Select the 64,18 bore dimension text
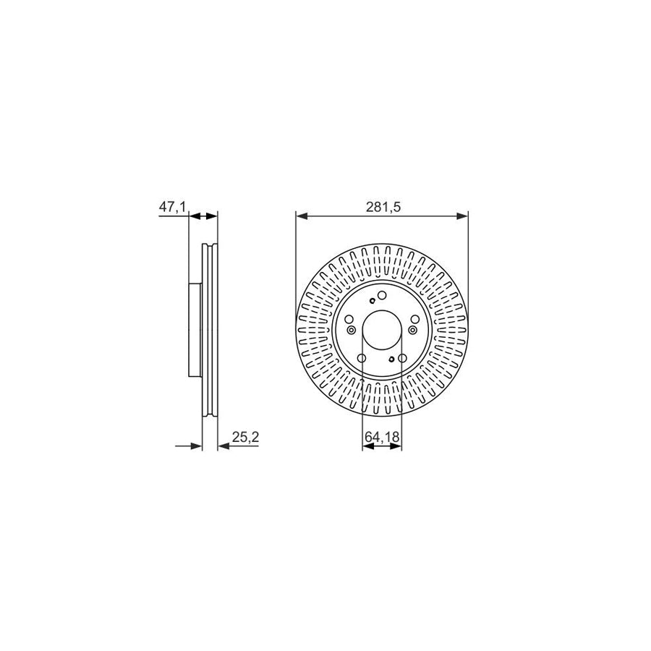[381, 437]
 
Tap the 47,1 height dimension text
[172, 207]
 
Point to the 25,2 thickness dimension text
[246, 436]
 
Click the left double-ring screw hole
[352, 330]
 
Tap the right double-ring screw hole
[412, 330]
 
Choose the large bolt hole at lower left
[362, 358]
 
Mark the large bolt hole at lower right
[402, 358]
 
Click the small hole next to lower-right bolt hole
[391, 359]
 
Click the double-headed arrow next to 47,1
[203, 215]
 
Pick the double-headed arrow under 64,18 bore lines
[381, 447]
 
